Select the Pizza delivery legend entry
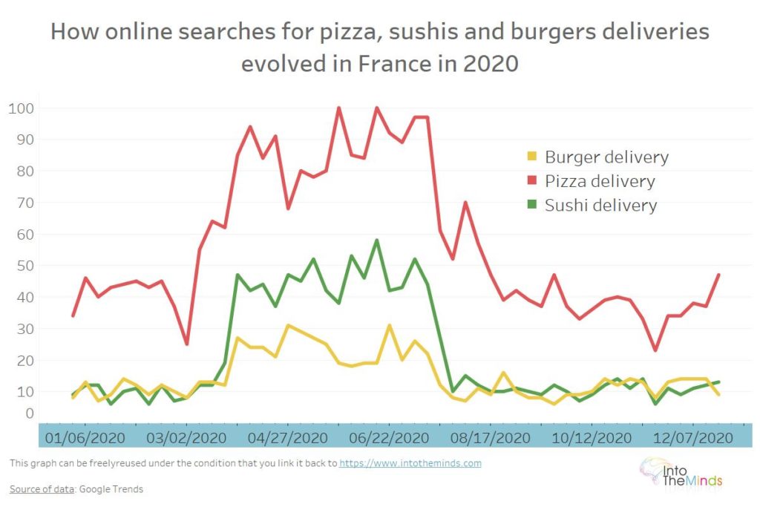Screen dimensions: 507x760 point(600,181)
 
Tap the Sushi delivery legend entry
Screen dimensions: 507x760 point(600,205)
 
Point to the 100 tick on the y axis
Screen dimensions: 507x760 point(21,108)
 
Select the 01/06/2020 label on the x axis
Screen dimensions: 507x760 point(85,436)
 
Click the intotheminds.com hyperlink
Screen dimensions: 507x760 point(410,463)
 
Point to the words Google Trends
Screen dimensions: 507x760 point(111,489)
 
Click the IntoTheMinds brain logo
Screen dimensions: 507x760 point(654,471)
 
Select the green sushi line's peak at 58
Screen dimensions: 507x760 point(377,240)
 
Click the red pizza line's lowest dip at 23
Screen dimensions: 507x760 point(655,350)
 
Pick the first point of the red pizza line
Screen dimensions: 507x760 point(73,315)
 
